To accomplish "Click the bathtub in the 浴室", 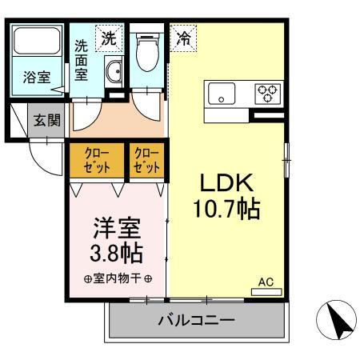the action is pyautogui.click(x=37, y=41).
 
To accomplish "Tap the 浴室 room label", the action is pyautogui.click(x=37, y=78).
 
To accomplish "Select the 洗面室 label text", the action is pyautogui.click(x=81, y=60).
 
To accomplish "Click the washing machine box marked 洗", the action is pyautogui.click(x=110, y=38).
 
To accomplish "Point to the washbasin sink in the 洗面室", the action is pyautogui.click(x=114, y=71).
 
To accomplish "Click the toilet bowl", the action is pyautogui.click(x=147, y=51).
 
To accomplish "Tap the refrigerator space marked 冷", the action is pyautogui.click(x=184, y=38).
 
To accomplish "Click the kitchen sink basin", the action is pyautogui.click(x=222, y=94).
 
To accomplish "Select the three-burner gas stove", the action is pyautogui.click(x=268, y=94).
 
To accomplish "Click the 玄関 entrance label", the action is pyautogui.click(x=47, y=120).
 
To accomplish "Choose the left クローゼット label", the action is pyautogui.click(x=97, y=160).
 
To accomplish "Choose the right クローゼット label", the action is pyautogui.click(x=147, y=160).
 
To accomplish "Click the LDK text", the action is pyautogui.click(x=226, y=182).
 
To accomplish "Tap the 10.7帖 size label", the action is pyautogui.click(x=226, y=209).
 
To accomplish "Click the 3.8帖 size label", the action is pyautogui.click(x=117, y=253).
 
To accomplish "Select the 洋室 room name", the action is pyautogui.click(x=117, y=228).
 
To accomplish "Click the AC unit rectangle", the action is pyautogui.click(x=266, y=292).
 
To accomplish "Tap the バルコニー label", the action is pyautogui.click(x=197, y=320).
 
